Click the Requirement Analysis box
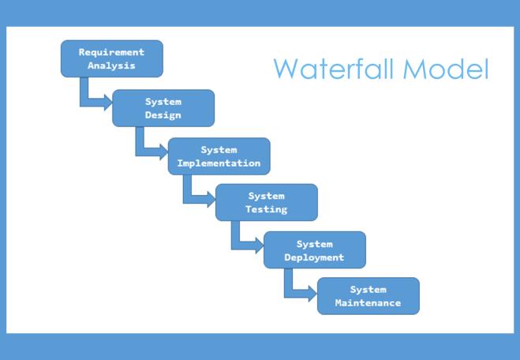(x=111, y=59)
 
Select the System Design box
(x=163, y=108)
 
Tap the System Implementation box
(x=219, y=156)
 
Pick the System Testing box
(x=267, y=203)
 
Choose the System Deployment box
(x=315, y=250)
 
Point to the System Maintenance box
(x=368, y=296)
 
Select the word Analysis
(x=111, y=66)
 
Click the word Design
(x=163, y=115)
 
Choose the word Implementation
(x=219, y=163)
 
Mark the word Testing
(x=267, y=210)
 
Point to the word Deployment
(x=315, y=257)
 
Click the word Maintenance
(x=368, y=303)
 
